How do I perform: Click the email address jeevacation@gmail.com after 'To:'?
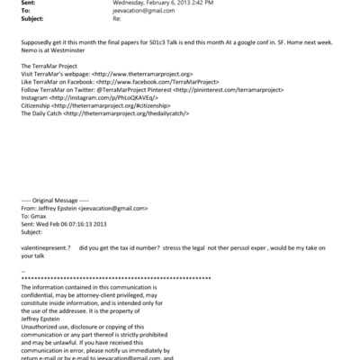point(123,11)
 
